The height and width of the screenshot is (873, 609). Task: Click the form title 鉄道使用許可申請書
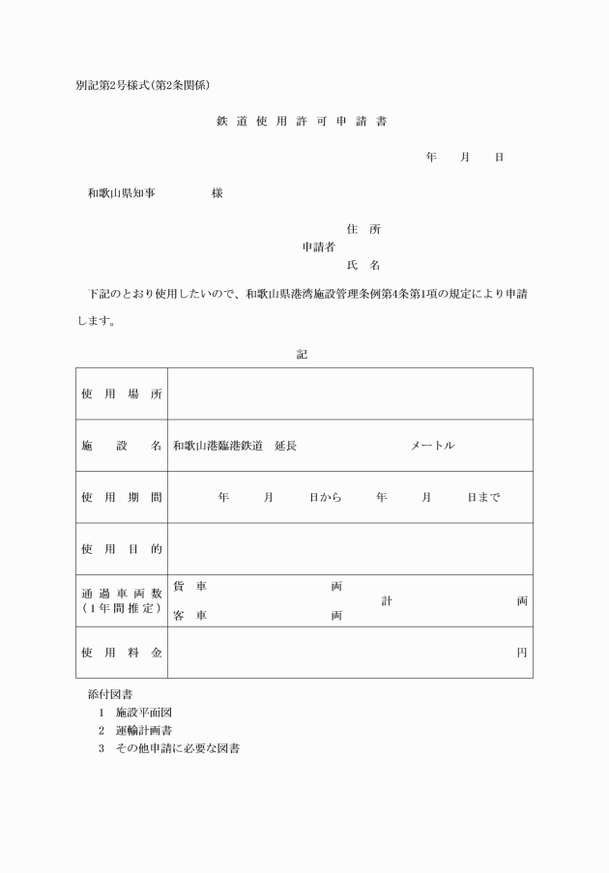click(304, 122)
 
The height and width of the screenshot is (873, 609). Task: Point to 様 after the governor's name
click(217, 193)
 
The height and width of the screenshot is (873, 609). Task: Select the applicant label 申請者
click(319, 247)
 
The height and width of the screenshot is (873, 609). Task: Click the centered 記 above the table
click(302, 354)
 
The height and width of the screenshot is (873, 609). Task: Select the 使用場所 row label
click(122, 393)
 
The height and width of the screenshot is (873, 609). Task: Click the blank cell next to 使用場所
click(350, 393)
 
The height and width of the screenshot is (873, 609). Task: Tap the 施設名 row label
click(122, 446)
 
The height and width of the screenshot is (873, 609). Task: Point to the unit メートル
click(433, 446)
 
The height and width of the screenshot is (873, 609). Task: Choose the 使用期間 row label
click(122, 497)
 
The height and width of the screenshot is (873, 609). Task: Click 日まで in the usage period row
click(483, 497)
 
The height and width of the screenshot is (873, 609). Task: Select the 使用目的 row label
click(122, 549)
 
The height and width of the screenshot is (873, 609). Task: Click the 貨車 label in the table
click(190, 586)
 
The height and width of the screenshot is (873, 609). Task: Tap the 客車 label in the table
click(190, 615)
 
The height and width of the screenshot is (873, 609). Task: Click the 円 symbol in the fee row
click(522, 653)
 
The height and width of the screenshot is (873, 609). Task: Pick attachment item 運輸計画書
click(144, 729)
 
